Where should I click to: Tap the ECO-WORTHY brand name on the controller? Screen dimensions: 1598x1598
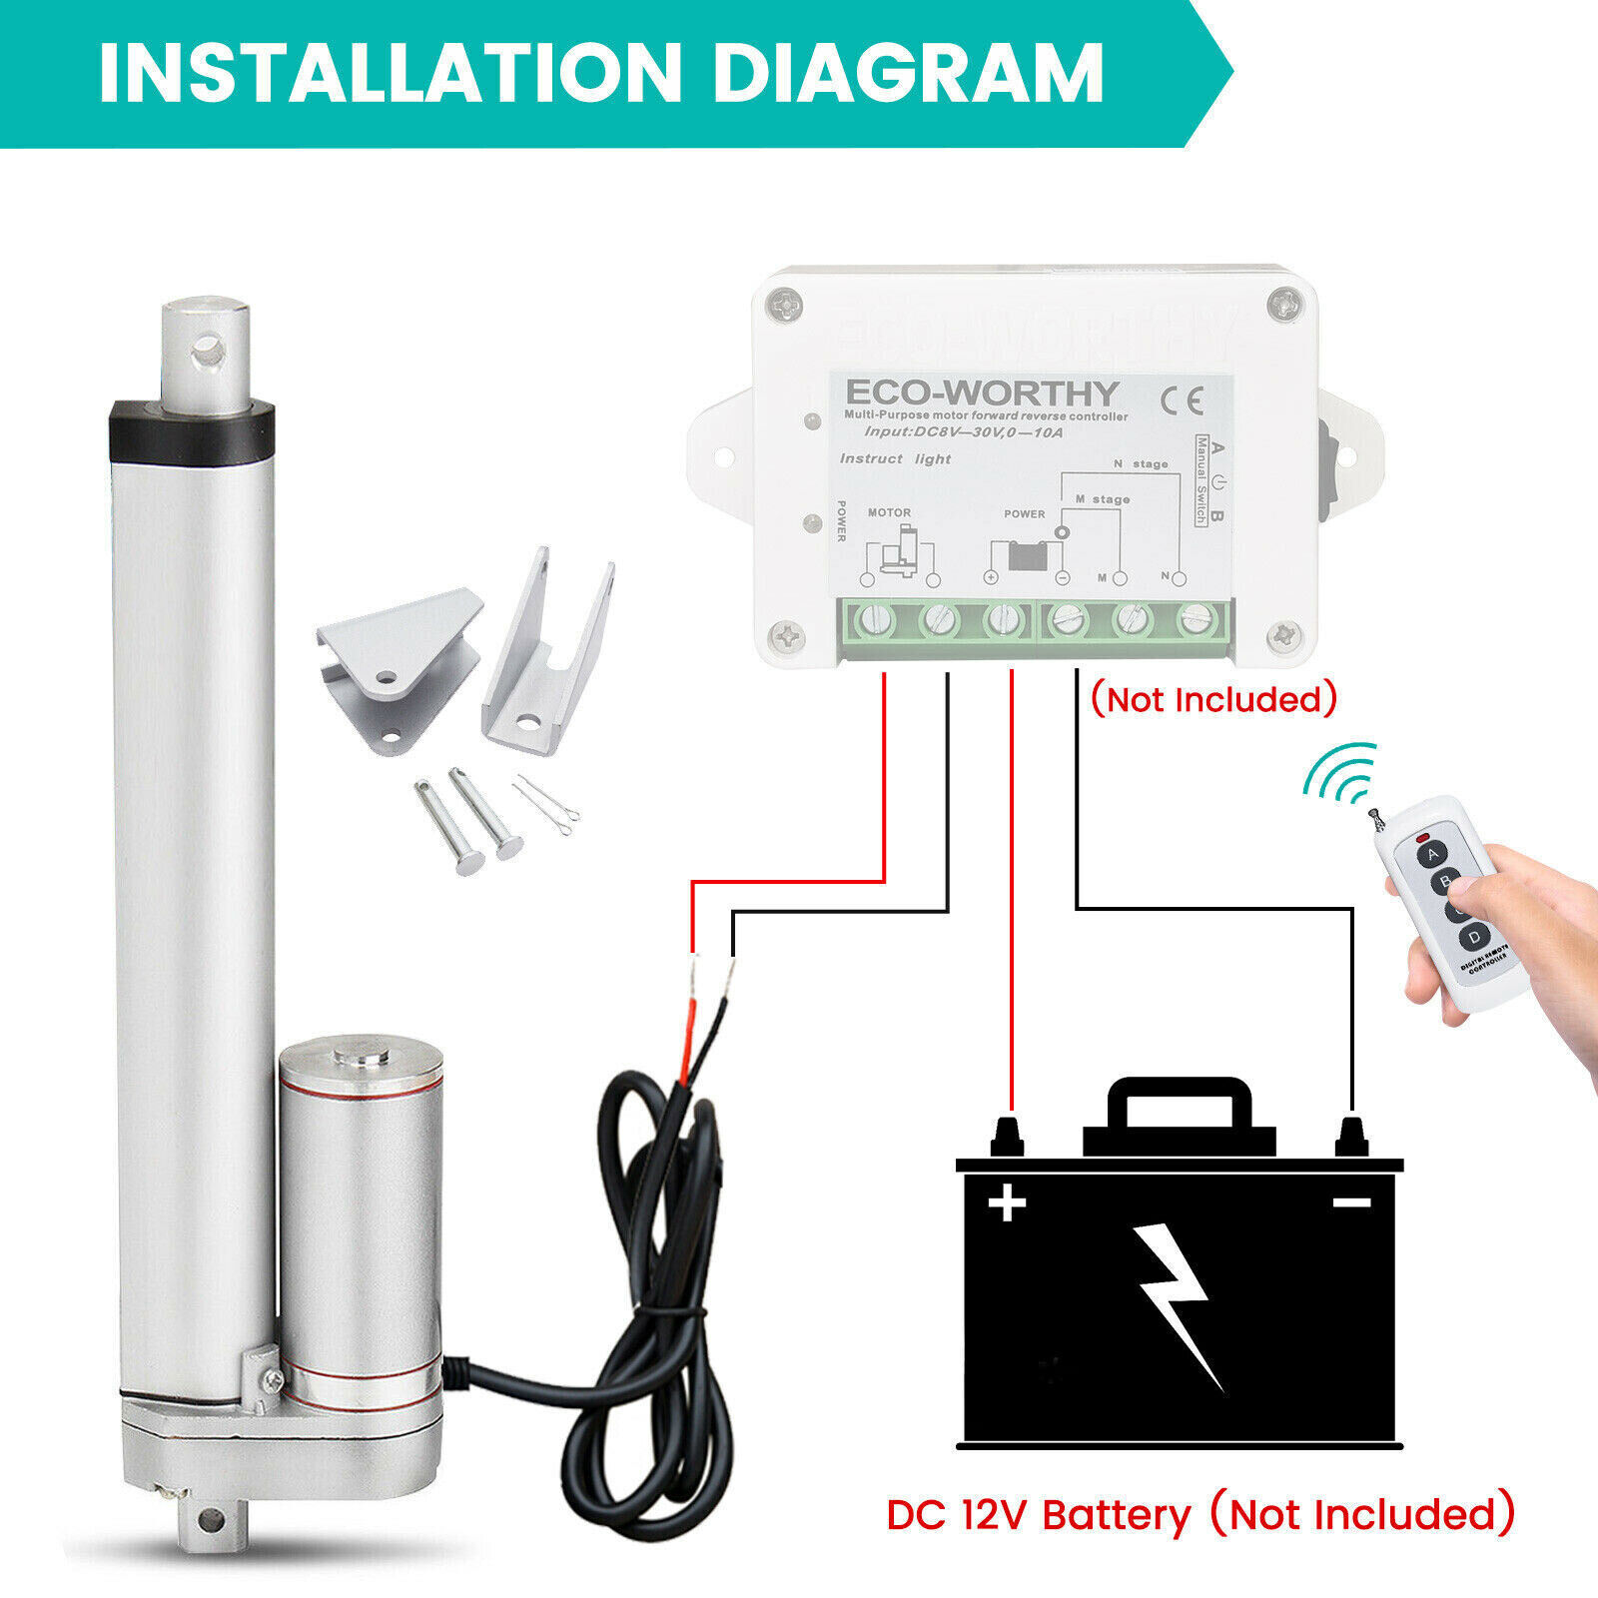coord(982,392)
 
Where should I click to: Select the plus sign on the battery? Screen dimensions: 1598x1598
coord(1007,1201)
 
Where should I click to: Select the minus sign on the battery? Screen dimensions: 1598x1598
coord(1352,1202)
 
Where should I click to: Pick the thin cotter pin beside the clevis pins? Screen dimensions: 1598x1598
coord(547,806)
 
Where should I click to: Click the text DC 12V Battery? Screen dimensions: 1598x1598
coord(1039,1515)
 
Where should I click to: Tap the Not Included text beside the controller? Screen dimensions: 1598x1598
coord(1212,699)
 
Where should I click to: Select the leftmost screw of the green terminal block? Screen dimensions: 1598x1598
coord(874,621)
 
